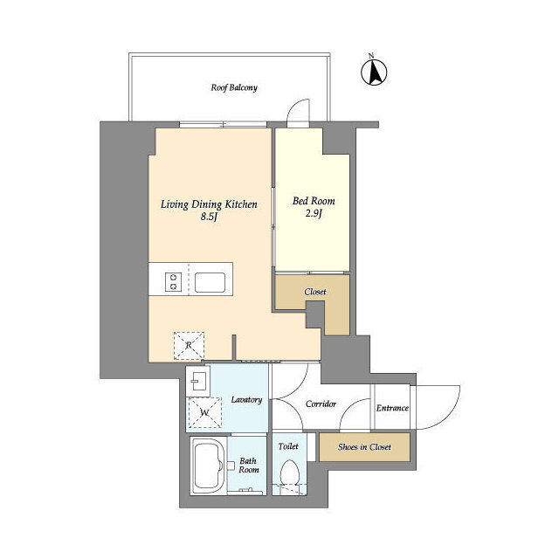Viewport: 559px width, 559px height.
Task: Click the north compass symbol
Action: tap(374, 72)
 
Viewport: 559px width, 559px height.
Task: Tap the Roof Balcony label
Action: tap(234, 87)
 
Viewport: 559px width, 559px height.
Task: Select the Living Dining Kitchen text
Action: tap(209, 204)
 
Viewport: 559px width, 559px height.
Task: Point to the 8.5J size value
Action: tap(209, 217)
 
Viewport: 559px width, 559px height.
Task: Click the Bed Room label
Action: tap(314, 201)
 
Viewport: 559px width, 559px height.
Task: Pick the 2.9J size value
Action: tap(314, 214)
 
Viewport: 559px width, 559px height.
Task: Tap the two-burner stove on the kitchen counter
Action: tap(173, 281)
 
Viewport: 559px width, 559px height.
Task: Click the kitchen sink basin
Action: tap(210, 282)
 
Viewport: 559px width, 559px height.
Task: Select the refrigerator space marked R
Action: tap(189, 346)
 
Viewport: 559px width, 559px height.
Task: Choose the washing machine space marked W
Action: tap(204, 412)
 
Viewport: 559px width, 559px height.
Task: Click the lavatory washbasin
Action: tap(198, 383)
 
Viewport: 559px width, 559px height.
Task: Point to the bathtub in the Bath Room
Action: tap(208, 466)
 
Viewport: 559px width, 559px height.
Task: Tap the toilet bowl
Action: tap(289, 473)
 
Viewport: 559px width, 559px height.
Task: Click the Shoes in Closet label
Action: tap(364, 447)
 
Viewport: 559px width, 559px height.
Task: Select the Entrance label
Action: tap(392, 408)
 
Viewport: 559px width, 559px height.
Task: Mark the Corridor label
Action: tap(321, 404)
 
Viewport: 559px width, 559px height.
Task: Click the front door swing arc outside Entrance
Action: tap(452, 413)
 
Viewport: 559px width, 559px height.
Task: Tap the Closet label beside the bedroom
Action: tap(315, 292)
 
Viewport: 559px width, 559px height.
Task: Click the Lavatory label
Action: tap(246, 400)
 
